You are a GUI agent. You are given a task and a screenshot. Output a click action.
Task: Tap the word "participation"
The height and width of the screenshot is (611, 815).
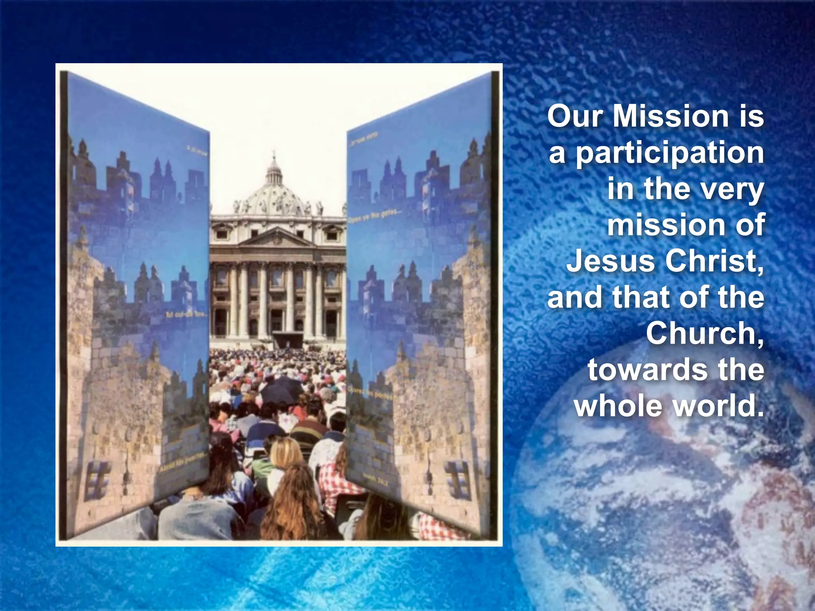[670, 154]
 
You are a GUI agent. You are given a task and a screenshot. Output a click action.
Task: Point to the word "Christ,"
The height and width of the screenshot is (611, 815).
[715, 261]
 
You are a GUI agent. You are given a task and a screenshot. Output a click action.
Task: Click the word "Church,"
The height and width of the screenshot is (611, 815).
[705, 333]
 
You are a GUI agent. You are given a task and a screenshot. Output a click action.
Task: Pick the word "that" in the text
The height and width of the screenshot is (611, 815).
[642, 298]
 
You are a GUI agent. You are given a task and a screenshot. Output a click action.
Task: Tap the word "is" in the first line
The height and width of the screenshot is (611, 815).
[751, 117]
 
